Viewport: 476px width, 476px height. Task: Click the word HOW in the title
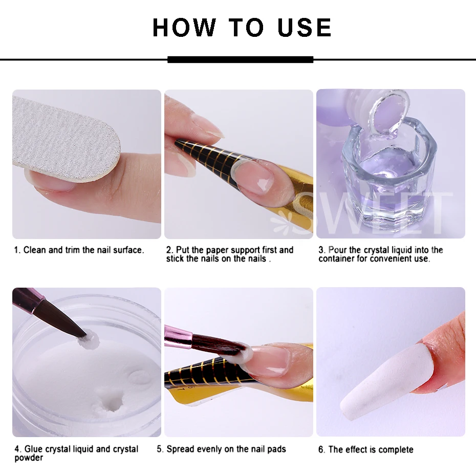(x=184, y=28)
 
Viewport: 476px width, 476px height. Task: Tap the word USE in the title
(x=305, y=28)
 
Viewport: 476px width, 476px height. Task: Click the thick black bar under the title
(x=240, y=59)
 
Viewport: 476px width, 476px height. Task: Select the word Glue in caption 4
(x=34, y=449)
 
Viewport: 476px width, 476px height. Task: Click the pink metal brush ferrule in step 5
(x=179, y=336)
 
